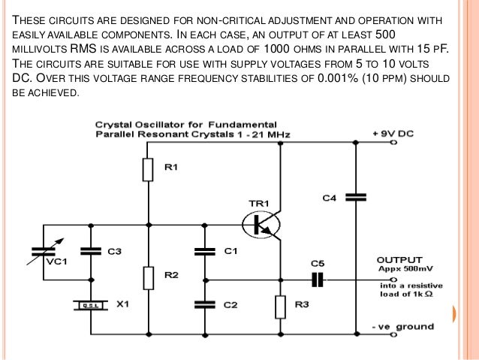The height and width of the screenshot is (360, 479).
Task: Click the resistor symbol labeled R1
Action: [149, 170]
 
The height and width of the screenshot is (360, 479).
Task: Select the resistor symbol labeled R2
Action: [149, 277]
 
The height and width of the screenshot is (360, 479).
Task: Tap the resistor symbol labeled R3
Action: [279, 306]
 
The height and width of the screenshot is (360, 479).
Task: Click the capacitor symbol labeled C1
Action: [201, 252]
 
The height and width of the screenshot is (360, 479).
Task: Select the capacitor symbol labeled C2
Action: [201, 304]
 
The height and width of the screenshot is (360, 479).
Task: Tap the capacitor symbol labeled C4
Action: [354, 198]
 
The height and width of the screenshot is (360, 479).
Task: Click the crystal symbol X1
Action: [91, 305]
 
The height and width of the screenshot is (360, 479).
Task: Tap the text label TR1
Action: [259, 202]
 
